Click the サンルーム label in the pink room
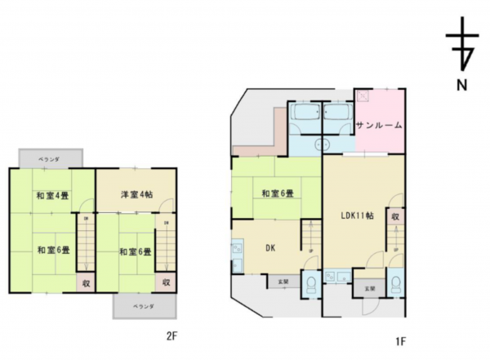tap(379, 126)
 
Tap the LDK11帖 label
tap(357, 216)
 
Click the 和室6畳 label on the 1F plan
tap(277, 193)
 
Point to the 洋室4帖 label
tap(135, 195)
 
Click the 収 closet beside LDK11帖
tap(394, 217)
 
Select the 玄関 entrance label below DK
tap(282, 282)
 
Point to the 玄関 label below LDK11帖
tap(369, 288)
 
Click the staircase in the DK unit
tap(311, 240)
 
